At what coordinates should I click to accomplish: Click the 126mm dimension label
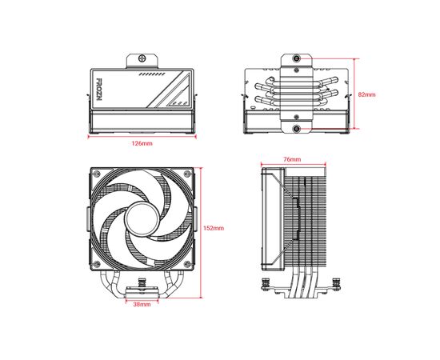(x=142, y=143)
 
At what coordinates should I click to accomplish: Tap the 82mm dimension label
(x=366, y=94)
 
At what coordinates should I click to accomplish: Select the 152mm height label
(x=214, y=228)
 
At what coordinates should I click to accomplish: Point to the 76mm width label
(x=292, y=159)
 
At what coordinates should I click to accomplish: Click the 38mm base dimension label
(x=142, y=304)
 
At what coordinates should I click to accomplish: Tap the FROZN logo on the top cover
(x=99, y=90)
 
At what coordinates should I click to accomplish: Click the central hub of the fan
(x=142, y=218)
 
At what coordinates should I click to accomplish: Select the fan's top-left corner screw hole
(x=97, y=174)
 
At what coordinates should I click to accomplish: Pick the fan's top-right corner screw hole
(x=187, y=174)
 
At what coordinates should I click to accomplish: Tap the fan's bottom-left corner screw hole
(x=97, y=264)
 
